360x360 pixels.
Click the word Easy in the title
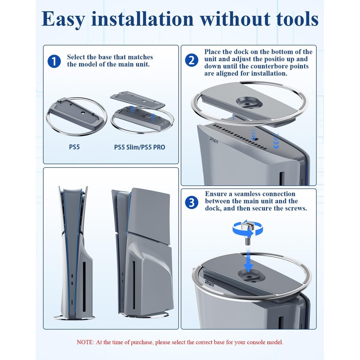63,19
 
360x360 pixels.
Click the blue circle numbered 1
54,61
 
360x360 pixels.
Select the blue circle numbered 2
192,60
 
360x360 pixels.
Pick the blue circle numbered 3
192,202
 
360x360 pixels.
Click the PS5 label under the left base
75,147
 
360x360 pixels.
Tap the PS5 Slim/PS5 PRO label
140,147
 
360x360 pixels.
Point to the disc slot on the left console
84,287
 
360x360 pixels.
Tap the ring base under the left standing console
75,318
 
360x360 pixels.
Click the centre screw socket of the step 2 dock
247,104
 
